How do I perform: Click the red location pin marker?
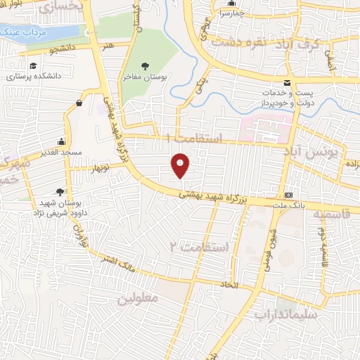[181, 165]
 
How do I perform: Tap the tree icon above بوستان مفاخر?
[145, 65]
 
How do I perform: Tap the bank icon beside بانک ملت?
[288, 195]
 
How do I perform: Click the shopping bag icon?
[79, 103]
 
